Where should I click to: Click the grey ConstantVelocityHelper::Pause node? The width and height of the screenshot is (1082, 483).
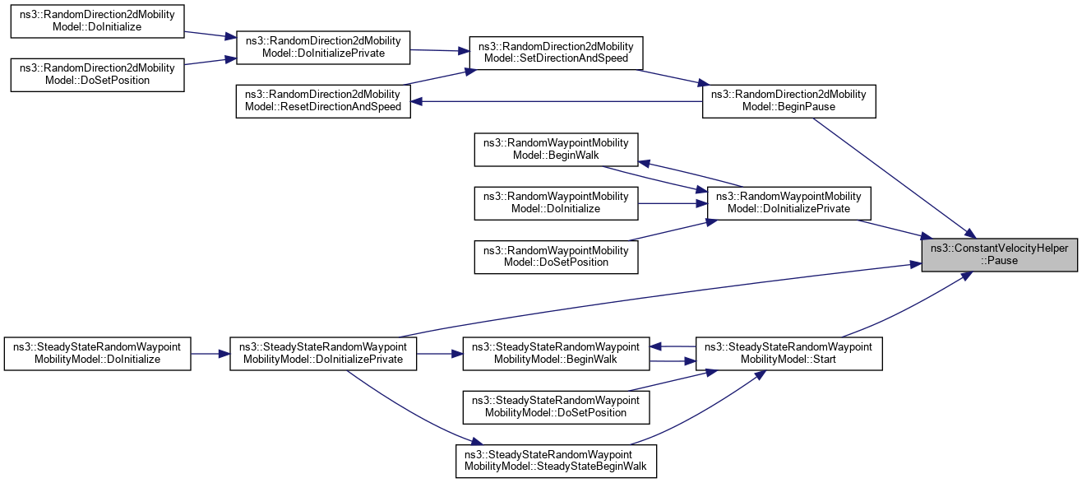coord(999,254)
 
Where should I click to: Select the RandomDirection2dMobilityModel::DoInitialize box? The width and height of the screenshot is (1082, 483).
coord(96,21)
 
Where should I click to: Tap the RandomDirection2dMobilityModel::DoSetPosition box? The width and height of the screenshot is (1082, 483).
coord(96,73)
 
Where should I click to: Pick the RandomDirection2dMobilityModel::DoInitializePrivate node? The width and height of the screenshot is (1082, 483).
coord(322,48)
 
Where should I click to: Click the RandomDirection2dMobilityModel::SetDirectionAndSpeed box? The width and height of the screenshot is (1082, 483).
coord(555,52)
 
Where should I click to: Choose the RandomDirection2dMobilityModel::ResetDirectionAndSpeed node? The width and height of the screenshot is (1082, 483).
coord(322,101)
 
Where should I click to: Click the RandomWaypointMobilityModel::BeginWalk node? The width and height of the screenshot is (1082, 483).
coord(557,149)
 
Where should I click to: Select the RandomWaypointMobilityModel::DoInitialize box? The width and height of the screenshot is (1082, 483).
coord(557,202)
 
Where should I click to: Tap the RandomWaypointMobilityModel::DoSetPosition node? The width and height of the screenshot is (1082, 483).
coord(557,256)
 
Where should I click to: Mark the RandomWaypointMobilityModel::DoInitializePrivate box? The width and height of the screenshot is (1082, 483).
coord(788,202)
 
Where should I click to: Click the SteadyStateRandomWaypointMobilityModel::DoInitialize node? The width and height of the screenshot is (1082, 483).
coord(97,353)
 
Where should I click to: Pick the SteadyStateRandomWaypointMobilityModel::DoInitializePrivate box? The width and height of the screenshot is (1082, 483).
coord(323,353)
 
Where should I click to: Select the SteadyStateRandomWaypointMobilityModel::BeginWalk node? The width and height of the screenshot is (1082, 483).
coord(556,353)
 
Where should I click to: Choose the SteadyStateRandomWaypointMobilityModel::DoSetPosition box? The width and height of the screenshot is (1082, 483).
coord(556,406)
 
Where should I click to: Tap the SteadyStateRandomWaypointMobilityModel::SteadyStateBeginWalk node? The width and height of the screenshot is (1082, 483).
coord(556,461)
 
